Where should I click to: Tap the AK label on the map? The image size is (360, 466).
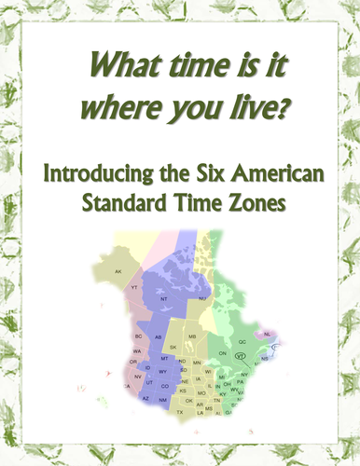point(118,271)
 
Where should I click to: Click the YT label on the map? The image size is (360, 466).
point(134,288)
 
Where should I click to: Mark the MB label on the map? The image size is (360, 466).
point(192,335)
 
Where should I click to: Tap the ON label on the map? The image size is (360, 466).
point(222,354)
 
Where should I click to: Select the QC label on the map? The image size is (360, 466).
point(242,342)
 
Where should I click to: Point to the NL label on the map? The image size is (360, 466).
point(269,333)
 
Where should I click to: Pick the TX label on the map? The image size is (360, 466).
point(180,412)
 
